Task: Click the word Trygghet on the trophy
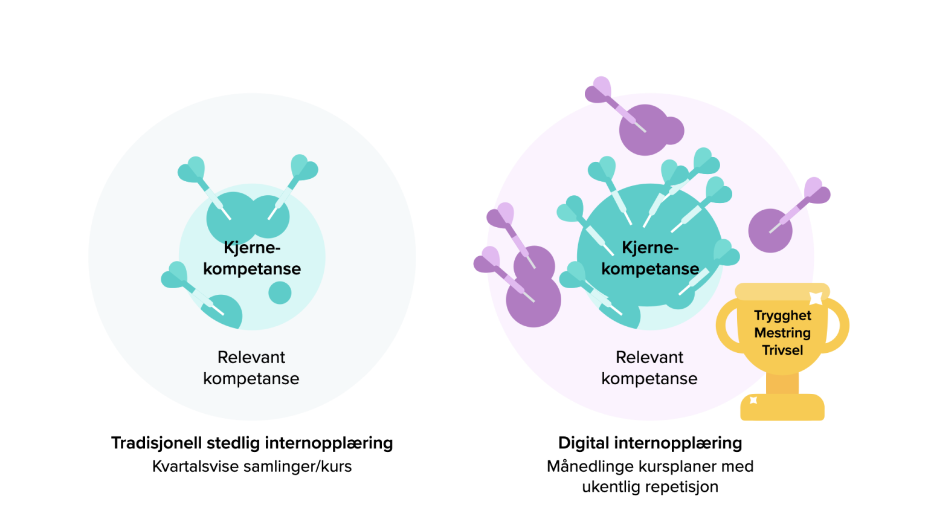(x=782, y=315)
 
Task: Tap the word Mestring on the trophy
(x=782, y=333)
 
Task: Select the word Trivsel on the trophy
(x=782, y=350)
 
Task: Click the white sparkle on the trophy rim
(x=816, y=298)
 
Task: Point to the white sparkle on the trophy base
(x=753, y=400)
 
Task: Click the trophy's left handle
(x=725, y=326)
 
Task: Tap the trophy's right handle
(x=840, y=326)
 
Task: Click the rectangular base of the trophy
(x=782, y=408)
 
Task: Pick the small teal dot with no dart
(x=280, y=293)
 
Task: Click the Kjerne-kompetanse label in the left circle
(x=252, y=258)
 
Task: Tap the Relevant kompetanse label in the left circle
(x=251, y=368)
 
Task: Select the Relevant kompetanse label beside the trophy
(x=649, y=368)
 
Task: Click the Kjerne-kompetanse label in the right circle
(x=650, y=258)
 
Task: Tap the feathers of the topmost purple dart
(x=598, y=89)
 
